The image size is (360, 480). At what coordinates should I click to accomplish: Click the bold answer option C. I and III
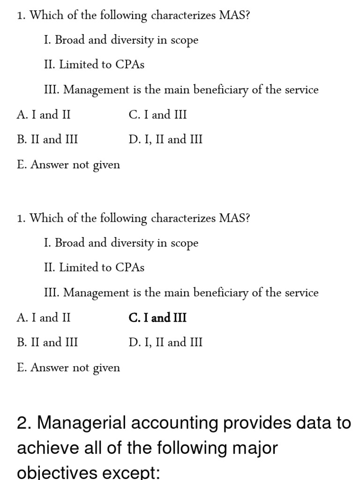pos(157,318)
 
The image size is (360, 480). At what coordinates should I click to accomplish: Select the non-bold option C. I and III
pos(157,115)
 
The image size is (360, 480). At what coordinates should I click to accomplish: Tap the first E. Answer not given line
pos(68,165)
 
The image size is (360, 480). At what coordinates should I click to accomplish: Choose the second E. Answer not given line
pos(68,368)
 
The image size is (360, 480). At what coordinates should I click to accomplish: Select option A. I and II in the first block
pos(44,115)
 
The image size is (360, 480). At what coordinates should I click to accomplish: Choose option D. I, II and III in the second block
pos(165,343)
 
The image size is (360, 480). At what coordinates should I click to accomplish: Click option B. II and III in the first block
pos(47,140)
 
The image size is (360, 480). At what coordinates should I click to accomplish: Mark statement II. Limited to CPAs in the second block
pos(94,268)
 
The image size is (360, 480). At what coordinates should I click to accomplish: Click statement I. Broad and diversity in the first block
pos(121,40)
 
